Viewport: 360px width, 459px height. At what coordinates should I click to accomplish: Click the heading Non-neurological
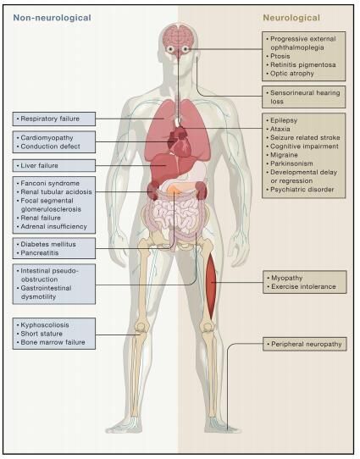coord(53,18)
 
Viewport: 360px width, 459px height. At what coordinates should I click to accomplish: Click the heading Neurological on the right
coord(291,18)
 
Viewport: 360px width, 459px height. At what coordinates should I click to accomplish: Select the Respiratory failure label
coord(50,119)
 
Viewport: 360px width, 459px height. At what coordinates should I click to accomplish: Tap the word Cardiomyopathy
coord(47,137)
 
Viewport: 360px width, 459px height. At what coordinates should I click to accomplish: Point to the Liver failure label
coord(39,165)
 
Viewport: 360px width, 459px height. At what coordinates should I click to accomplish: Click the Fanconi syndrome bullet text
coord(50,183)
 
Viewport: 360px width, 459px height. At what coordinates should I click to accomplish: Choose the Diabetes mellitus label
coord(48,244)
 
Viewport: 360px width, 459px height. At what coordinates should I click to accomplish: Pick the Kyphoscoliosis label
coord(45,325)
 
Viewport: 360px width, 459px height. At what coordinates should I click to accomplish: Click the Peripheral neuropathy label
coord(307,344)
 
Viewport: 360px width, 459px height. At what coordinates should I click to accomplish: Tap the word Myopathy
coord(287,278)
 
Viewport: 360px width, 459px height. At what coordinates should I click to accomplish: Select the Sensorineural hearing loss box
coord(304,97)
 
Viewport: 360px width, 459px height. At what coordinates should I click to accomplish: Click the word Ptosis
coord(280,56)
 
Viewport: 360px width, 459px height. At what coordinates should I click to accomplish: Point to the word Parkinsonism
coord(291,163)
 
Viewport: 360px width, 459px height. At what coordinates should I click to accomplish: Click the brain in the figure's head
coord(178,36)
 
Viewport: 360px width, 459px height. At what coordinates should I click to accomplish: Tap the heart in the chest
coord(179,141)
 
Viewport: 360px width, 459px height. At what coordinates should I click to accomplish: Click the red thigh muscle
coord(211,285)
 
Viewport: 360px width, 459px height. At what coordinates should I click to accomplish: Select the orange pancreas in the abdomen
coord(174,190)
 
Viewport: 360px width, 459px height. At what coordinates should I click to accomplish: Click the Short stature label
coord(42,334)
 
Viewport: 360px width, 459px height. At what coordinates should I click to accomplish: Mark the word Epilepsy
coord(284,120)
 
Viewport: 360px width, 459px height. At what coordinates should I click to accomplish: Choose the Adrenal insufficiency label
coord(54,227)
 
